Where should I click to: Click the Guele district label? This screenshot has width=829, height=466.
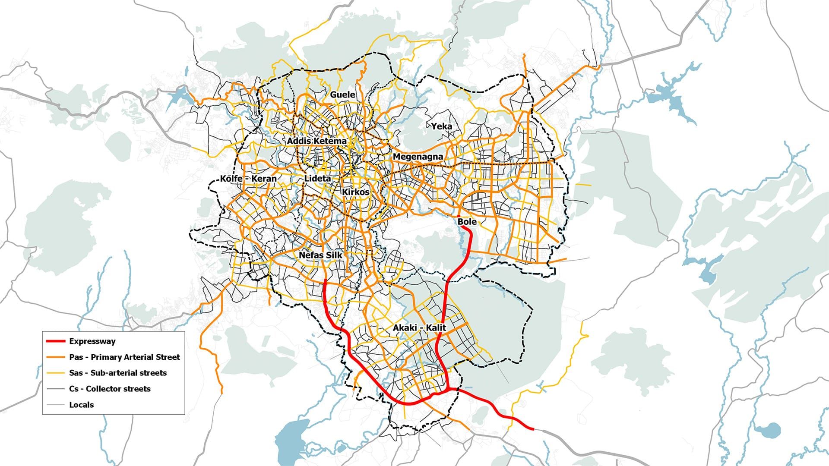pos(342,94)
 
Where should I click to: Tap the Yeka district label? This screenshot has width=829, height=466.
pos(442,126)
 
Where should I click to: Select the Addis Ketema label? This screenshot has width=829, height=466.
pos(316,141)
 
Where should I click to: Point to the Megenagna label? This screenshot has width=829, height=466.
pos(418,157)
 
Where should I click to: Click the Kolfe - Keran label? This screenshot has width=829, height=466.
pos(248,179)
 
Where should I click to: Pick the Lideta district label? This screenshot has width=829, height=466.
pos(317,178)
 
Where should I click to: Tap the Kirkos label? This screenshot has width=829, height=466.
pos(356,192)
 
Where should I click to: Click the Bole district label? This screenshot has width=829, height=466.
pos(467,221)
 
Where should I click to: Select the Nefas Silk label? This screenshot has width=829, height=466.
pos(320,255)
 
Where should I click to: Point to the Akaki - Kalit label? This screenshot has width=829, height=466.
pos(419,328)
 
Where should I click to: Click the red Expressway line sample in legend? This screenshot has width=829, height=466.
pos(55,341)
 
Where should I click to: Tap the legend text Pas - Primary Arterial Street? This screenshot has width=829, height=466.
pos(124,357)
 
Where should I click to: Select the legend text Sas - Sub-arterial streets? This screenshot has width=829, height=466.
pos(117,373)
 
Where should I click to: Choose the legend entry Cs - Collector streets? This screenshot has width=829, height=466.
pos(110,389)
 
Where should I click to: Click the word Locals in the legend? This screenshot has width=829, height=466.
pos(81,405)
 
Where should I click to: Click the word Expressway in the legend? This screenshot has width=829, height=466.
pos(92,341)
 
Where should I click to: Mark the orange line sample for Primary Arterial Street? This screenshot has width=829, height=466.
pos(55,357)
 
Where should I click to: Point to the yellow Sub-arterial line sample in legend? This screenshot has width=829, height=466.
pos(55,373)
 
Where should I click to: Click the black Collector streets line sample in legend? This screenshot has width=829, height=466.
pos(55,389)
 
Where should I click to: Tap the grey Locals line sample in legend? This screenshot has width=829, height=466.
pos(55,405)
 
